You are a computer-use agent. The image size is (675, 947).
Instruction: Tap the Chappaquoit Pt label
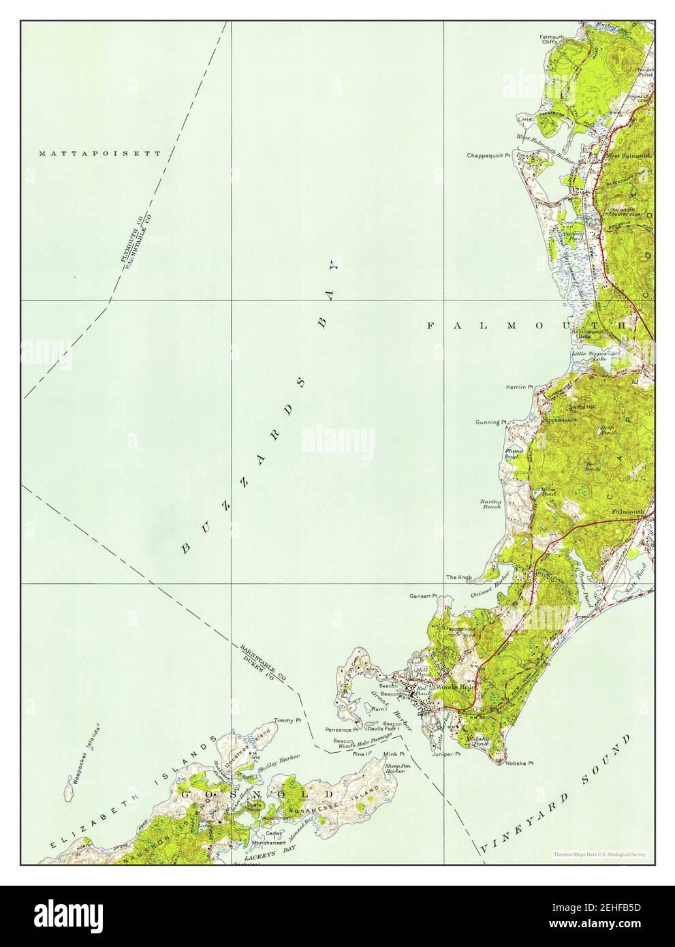(488, 155)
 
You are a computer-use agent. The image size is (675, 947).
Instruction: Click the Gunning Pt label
(490, 422)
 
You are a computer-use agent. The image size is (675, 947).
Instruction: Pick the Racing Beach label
(491, 504)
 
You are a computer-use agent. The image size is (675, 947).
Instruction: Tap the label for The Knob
(459, 578)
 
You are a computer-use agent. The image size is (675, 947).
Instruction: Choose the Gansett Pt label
(422, 596)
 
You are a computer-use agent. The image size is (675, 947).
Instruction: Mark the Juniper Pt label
(446, 754)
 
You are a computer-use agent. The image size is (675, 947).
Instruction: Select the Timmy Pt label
(286, 720)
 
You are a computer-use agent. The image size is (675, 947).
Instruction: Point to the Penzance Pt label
(347, 730)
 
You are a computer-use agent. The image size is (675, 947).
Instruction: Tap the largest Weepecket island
(68, 794)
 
